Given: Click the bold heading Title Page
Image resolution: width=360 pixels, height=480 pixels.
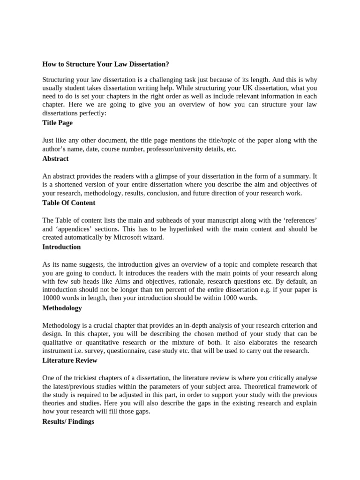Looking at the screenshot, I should click(57, 123).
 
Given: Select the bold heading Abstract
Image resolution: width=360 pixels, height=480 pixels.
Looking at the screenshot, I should click(55, 158).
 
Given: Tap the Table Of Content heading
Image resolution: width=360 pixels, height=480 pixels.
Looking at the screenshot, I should click(68, 202).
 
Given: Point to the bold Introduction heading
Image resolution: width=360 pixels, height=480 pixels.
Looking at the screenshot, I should click(61, 247).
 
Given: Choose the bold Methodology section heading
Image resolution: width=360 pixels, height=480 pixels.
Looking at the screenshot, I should click(62, 308).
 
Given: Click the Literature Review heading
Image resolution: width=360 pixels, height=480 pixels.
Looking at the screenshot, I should click(70, 360).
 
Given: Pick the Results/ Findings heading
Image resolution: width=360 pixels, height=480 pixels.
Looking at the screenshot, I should click(68, 421).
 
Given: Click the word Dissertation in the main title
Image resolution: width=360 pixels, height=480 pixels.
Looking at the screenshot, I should click(145, 64).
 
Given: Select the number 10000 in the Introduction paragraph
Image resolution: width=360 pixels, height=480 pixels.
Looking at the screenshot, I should click(52, 298).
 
